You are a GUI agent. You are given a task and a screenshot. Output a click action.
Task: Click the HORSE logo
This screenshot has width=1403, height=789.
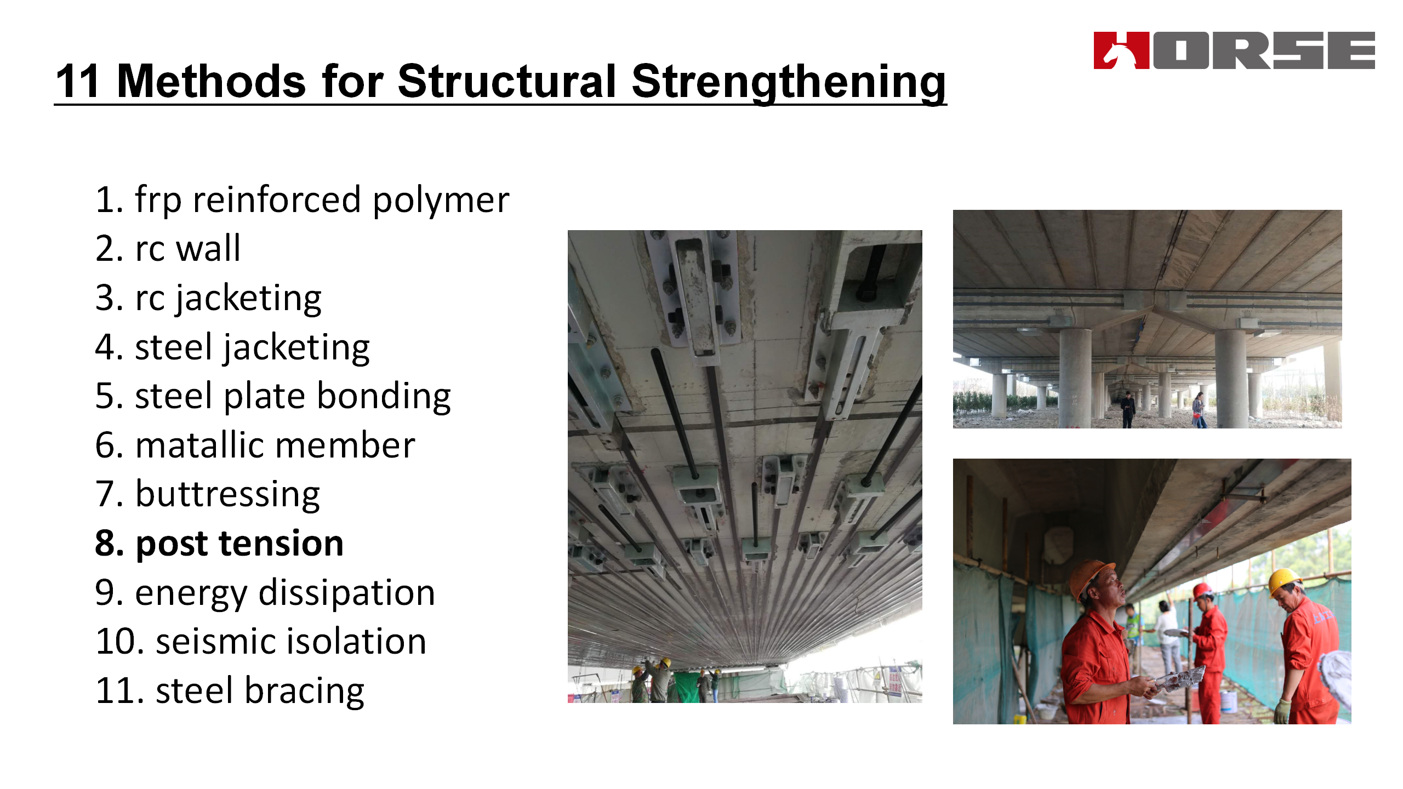[1234, 50]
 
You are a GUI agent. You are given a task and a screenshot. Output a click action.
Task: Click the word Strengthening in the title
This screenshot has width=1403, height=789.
[789, 82]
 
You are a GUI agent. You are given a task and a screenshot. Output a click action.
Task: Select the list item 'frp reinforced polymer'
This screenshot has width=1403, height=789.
[302, 201]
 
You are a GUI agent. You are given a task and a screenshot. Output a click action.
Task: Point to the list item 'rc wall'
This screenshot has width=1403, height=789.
[168, 249]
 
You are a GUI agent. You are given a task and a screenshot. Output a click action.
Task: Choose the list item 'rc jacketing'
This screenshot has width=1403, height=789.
[208, 299]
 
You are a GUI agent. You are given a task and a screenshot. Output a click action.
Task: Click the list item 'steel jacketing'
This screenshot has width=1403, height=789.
[232, 348]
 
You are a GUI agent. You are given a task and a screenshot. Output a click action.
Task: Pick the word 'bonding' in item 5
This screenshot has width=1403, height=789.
[384, 397]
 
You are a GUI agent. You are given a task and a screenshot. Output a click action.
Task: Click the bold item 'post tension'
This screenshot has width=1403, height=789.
[219, 544]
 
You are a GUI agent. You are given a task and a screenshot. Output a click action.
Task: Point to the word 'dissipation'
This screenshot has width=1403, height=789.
[347, 593]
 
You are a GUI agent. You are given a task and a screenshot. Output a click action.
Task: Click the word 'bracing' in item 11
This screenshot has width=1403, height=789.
[305, 691]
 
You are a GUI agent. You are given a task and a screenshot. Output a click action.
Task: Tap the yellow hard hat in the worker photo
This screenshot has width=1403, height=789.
[1284, 582]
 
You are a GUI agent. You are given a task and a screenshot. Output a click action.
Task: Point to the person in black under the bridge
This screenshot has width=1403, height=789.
[1127, 409]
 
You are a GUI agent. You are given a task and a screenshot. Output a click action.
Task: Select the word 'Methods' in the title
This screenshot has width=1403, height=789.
[212, 81]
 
